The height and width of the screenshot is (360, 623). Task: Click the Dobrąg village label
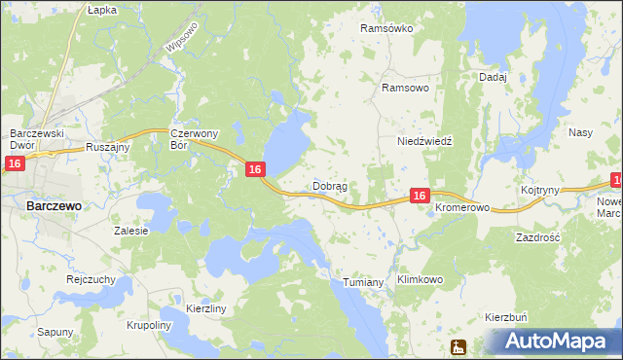click(330, 185)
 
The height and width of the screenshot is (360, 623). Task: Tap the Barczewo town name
click(54, 206)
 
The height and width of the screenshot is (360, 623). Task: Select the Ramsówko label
click(386, 28)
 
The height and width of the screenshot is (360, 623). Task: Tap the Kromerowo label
click(461, 209)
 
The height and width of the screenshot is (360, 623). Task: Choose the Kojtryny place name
click(539, 190)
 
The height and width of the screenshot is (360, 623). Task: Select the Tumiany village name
click(365, 282)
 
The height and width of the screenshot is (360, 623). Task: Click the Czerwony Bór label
click(192, 139)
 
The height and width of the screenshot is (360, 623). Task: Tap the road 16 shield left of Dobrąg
click(254, 169)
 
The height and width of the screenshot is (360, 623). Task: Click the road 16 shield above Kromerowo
click(419, 196)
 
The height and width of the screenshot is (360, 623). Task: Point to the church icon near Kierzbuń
click(458, 346)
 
